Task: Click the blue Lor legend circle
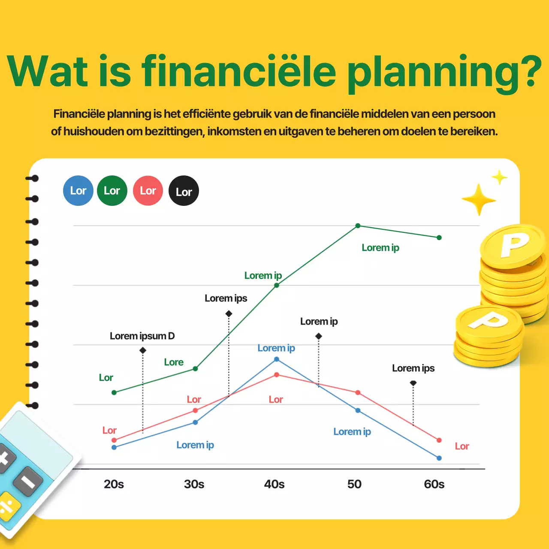tap(78, 191)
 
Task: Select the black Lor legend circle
tap(184, 191)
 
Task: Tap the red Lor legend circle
tap(148, 191)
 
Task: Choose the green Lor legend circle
tap(112, 191)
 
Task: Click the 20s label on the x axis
tap(114, 484)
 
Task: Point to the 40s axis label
tap(274, 484)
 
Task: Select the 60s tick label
tap(434, 484)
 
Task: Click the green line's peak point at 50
tap(358, 226)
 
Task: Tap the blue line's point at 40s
tap(277, 359)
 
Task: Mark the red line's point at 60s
tap(439, 440)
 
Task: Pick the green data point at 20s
tap(114, 392)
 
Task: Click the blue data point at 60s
tap(439, 458)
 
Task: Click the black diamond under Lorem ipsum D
tap(143, 350)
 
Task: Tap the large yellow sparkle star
tap(479, 199)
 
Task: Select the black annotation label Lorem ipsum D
tap(142, 336)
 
